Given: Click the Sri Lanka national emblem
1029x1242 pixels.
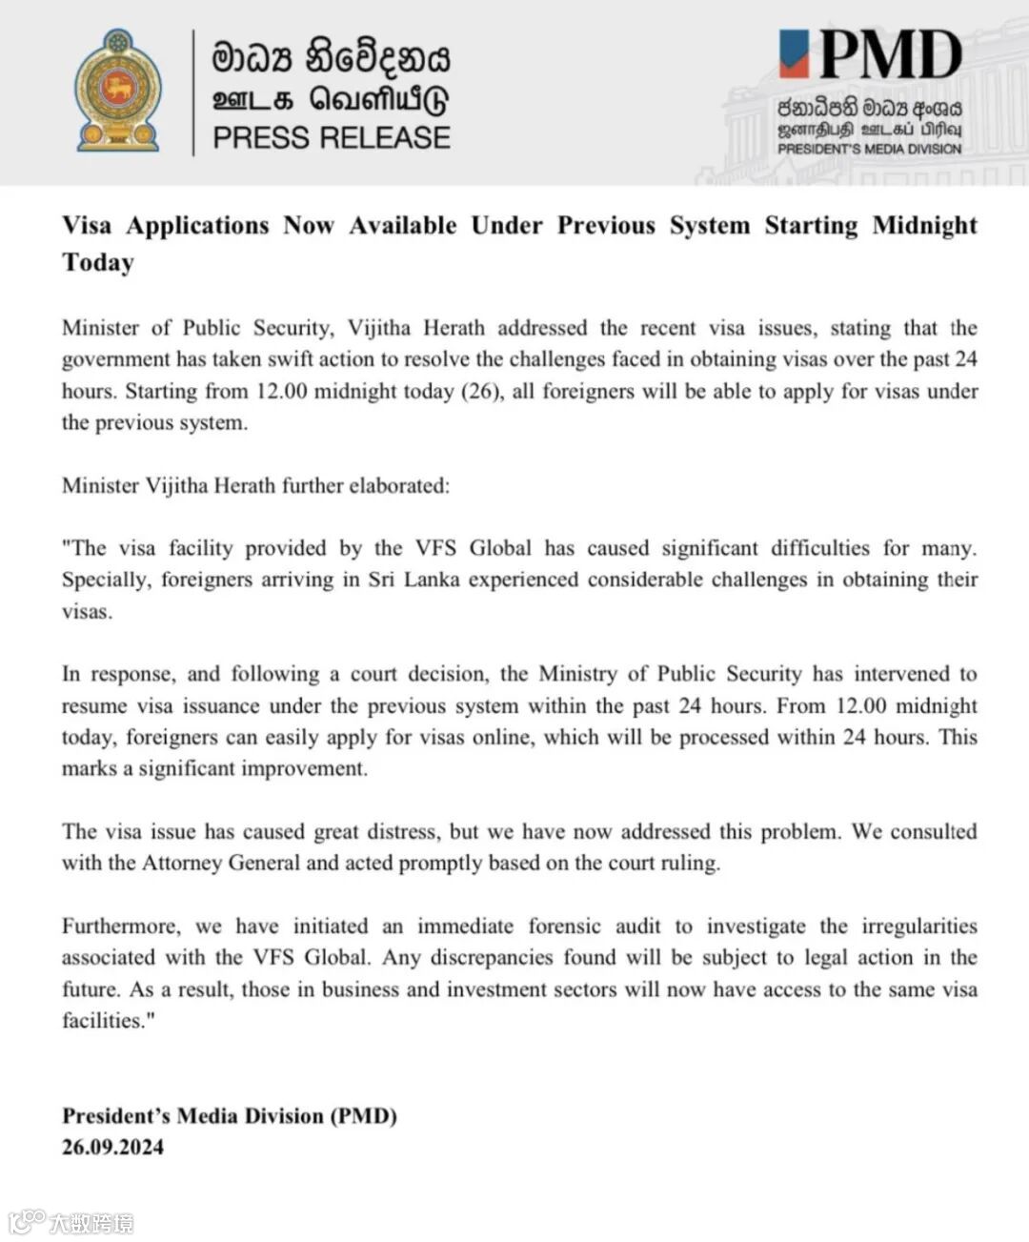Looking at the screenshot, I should coord(118,91).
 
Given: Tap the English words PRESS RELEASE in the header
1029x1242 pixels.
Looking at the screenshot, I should coord(331,138).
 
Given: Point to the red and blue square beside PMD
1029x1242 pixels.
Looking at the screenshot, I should coord(794,53).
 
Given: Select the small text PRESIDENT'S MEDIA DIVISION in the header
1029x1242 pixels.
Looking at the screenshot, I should coord(869,149).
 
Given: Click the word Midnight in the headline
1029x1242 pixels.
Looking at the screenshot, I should coord(924,226).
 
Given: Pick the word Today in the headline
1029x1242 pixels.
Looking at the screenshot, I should coord(98,263).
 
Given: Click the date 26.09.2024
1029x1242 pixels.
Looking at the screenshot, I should coord(112,1147).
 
